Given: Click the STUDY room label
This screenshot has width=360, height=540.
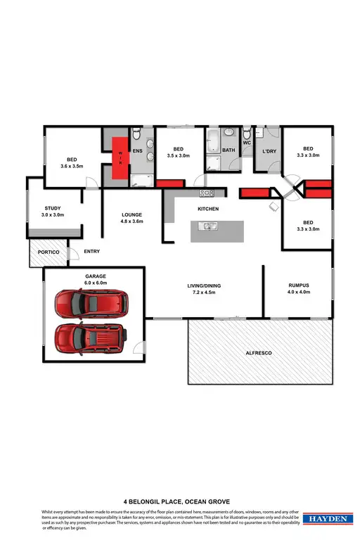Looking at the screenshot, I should (53, 208).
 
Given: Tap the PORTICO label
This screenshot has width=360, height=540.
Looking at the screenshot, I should (44, 252).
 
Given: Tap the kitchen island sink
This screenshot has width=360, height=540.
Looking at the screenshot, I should (207, 226).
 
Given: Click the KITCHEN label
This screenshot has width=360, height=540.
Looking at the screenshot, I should (208, 210).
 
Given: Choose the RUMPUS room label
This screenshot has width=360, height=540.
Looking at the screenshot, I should (299, 285).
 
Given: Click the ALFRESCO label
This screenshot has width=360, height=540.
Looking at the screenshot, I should (259, 352).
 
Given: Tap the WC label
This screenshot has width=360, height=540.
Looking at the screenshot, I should (247, 143).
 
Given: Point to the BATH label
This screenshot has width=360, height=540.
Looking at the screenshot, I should (229, 150).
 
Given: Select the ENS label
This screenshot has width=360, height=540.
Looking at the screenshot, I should (139, 150).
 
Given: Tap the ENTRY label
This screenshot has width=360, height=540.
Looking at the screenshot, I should (92, 251).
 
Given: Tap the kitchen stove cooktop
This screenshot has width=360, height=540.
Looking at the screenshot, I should (207, 193).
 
